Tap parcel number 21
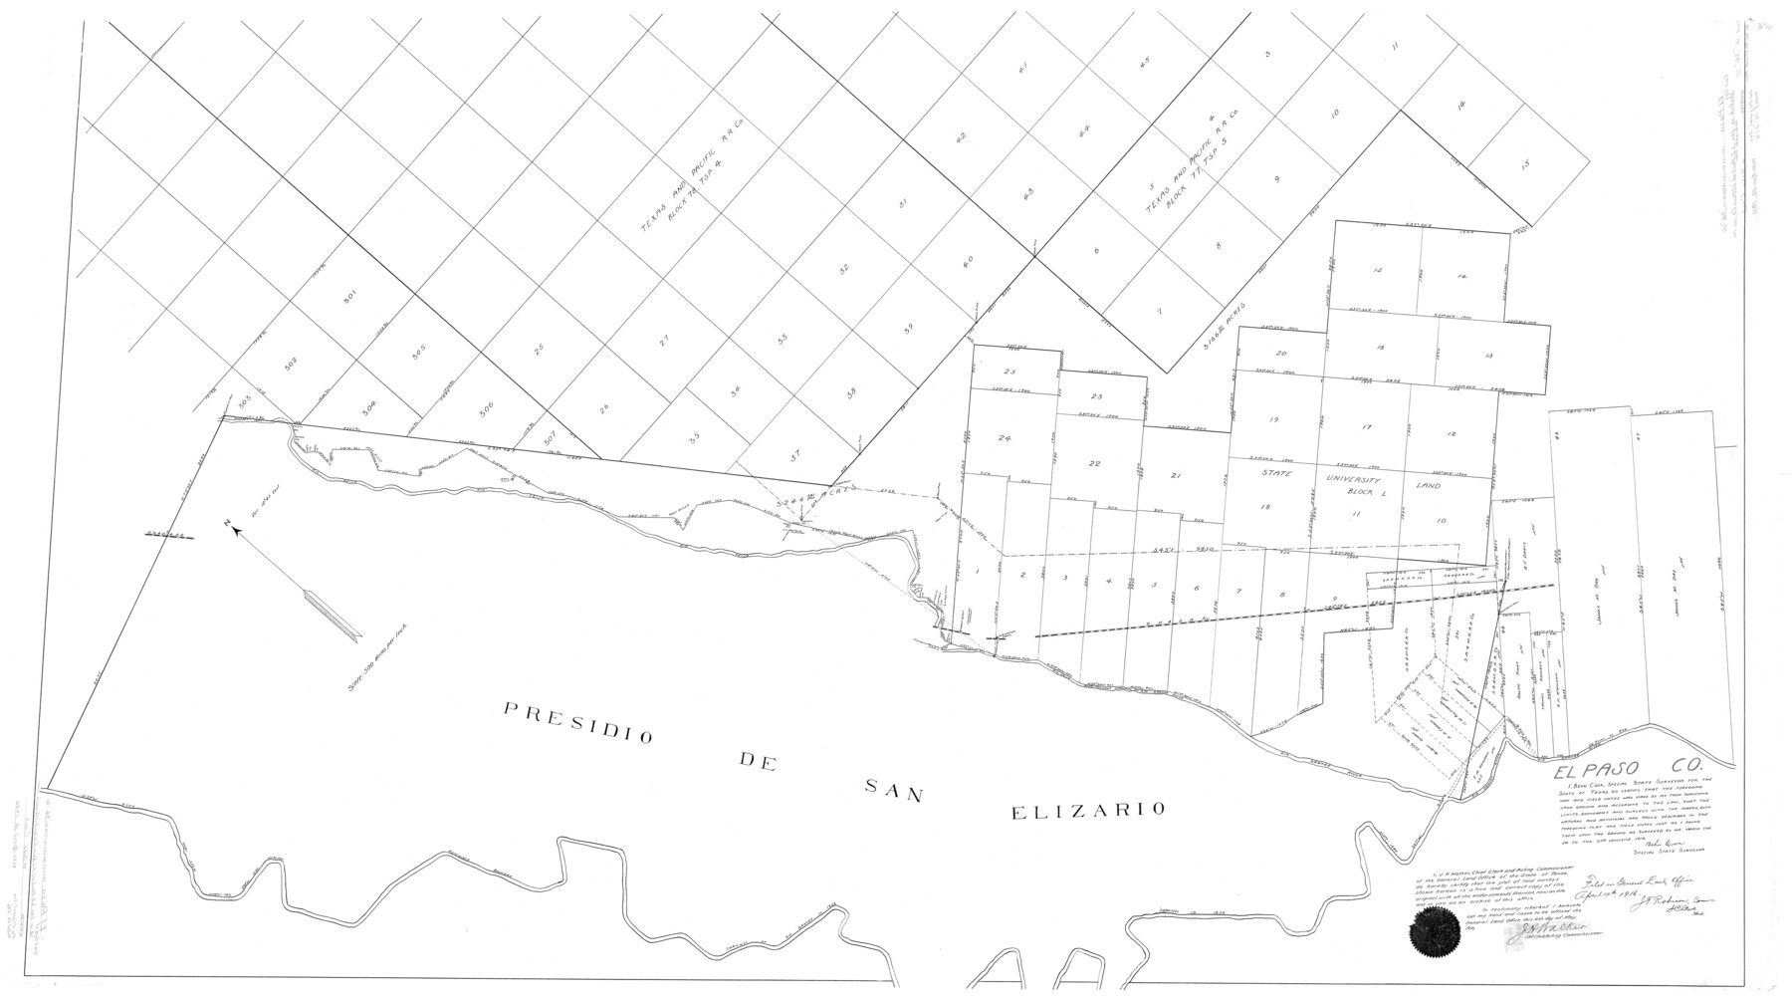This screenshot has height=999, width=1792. tap(1176, 477)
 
